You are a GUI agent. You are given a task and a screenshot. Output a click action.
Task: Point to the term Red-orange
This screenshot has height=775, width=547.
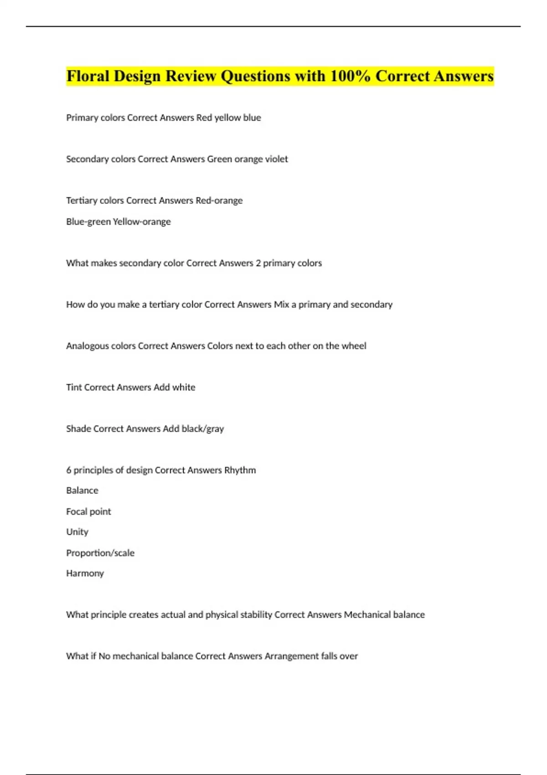[x=219, y=201]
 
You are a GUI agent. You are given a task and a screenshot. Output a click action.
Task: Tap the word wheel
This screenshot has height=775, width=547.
[x=354, y=346]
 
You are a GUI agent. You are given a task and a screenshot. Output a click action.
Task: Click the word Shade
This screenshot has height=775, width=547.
[x=78, y=429]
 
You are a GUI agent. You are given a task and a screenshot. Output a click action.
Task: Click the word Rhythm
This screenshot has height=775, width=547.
[x=240, y=470]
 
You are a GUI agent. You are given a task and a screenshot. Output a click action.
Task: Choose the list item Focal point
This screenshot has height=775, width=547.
[x=88, y=511]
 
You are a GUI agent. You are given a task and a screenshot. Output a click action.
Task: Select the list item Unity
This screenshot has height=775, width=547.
[x=77, y=532]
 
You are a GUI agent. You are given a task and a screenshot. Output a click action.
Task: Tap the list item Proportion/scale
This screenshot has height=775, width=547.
[x=100, y=553]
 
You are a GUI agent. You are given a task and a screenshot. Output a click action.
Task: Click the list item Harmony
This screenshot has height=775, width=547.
[x=85, y=573]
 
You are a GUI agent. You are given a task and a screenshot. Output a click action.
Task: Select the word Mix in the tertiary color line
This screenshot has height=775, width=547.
[x=281, y=305]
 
